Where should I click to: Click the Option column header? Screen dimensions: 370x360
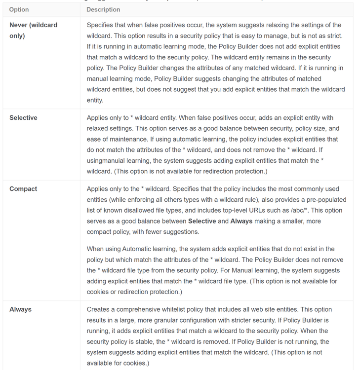(19, 9)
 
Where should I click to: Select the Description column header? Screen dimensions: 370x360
(103, 9)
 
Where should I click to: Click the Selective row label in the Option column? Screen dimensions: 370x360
(23, 118)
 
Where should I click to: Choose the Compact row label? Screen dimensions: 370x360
(23, 189)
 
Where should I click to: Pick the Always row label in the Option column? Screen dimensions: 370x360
(20, 309)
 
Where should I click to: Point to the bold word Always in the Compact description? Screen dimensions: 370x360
(241, 221)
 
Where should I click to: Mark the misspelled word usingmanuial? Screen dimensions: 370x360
(109, 161)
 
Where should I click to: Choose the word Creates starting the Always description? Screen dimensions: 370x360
(99, 309)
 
